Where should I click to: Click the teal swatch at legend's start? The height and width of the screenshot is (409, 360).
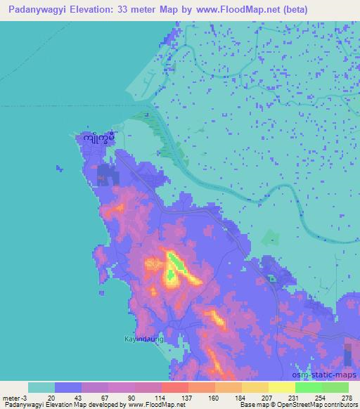[x=41, y=387]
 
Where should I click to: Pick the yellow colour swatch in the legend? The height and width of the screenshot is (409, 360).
[x=282, y=387]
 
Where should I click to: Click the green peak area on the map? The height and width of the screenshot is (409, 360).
[x=174, y=266]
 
